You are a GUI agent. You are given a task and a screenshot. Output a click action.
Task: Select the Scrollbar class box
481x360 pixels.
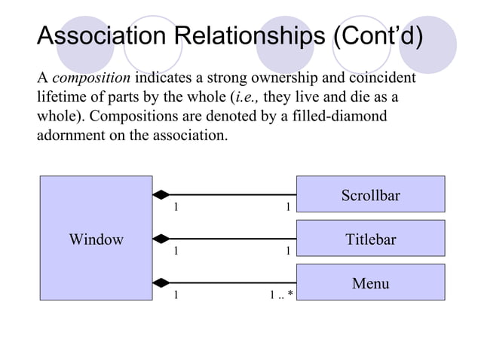(370, 196)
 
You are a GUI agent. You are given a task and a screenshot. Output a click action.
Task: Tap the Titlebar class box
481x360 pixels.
(370, 239)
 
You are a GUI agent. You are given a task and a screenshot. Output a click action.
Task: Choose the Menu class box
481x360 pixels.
(370, 283)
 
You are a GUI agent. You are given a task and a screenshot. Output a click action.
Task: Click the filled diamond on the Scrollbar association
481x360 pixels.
(161, 195)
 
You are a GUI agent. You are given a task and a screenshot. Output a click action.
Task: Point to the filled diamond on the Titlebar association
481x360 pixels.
(161, 239)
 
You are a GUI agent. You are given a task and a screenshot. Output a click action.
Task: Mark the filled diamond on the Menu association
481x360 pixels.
(161, 283)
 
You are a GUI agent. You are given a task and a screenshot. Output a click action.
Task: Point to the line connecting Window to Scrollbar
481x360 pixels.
(234, 195)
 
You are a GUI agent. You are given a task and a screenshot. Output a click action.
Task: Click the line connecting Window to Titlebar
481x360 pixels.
(234, 239)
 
